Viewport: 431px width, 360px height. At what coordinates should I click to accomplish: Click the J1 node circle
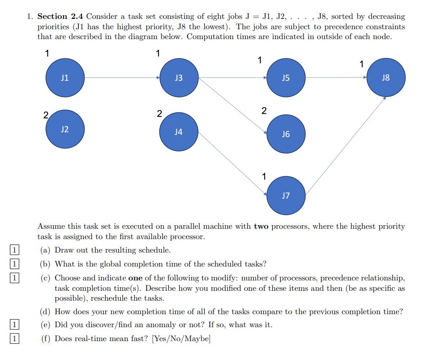pos(65,78)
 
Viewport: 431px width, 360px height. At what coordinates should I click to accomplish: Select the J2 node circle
pos(65,129)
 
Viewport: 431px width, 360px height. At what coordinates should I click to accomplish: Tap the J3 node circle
pos(179,78)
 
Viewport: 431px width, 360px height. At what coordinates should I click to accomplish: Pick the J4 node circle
pos(179,132)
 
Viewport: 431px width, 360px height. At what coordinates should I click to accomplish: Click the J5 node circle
pos(286,78)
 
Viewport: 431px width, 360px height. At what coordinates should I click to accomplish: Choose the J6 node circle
pos(286,134)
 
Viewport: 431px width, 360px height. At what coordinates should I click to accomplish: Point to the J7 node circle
pos(286,196)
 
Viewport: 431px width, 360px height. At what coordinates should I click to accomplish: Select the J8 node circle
pos(386,78)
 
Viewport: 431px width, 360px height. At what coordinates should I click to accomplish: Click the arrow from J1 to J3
pos(121,78)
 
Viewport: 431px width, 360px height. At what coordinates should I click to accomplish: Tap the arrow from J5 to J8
pos(336,78)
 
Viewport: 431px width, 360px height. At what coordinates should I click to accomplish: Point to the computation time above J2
pos(45,114)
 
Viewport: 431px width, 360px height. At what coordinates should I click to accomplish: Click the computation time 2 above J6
pos(264,111)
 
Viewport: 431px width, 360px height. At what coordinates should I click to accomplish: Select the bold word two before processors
pos(261,227)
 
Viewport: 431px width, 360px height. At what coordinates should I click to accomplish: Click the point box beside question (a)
pos(15,250)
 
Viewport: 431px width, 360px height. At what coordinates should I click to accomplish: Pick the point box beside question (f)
pos(15,338)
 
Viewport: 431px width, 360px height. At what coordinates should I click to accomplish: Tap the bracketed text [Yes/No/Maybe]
pos(181,338)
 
